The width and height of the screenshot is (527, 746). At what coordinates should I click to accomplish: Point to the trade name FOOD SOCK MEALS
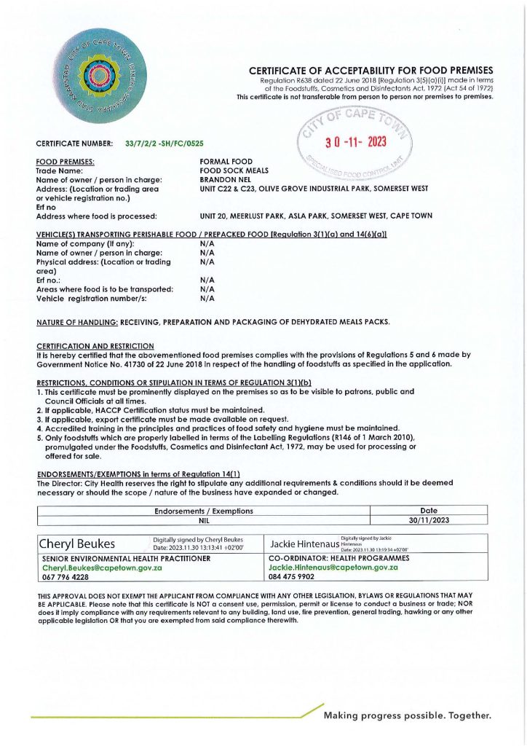point(234,170)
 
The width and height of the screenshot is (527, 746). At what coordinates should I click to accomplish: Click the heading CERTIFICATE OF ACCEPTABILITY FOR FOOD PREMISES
point(371,71)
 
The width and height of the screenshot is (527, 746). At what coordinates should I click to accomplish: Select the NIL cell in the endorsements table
point(204,521)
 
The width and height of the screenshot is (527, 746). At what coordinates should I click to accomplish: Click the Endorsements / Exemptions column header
point(204,511)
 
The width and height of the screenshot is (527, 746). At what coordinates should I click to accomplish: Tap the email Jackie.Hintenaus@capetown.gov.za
point(333,567)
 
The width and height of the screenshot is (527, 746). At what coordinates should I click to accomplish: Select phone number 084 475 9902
point(291,576)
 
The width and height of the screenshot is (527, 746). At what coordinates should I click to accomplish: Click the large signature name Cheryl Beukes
point(82,543)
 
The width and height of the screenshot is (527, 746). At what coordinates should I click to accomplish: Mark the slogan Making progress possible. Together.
point(408,715)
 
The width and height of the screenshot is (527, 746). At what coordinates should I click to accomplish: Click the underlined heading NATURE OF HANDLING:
point(77,321)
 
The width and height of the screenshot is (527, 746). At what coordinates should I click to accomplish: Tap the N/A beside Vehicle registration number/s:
point(206,298)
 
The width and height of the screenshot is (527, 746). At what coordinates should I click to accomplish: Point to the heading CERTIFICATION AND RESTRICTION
point(95,345)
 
